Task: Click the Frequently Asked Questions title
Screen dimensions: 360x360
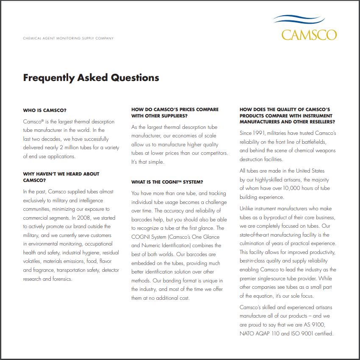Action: pos(91,78)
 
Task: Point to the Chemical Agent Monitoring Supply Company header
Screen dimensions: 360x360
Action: pos(68,38)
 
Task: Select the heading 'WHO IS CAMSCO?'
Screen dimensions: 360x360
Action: pos(44,110)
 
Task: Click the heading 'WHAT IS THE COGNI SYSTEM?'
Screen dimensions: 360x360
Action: pos(167,182)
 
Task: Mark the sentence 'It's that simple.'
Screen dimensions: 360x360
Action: pos(147,162)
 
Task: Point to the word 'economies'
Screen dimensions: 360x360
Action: pos(193,136)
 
